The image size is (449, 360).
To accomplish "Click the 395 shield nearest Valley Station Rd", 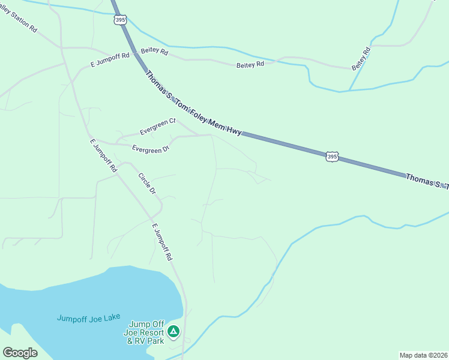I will (x=120, y=20).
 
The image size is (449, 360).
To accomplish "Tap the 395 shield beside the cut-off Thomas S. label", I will (x=332, y=157).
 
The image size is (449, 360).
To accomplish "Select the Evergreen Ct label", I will (x=157, y=126).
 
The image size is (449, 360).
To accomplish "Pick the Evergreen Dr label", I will (x=151, y=149).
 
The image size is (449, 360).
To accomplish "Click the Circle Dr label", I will (x=147, y=184).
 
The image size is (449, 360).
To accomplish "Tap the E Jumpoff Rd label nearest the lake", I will (x=162, y=242).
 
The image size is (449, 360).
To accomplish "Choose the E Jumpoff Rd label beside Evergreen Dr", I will (x=103, y=156).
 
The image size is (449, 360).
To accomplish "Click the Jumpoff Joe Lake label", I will (x=89, y=318).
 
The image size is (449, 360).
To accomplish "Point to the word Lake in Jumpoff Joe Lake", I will (x=112, y=317).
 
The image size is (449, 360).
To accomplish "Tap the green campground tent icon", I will (x=173, y=331).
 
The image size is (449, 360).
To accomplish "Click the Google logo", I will (x=20, y=353).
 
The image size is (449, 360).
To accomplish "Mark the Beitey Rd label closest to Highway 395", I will (x=154, y=53).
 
